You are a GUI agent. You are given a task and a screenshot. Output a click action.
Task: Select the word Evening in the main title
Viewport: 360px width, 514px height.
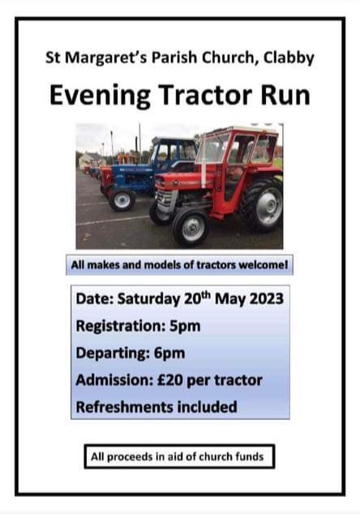coord(100,96)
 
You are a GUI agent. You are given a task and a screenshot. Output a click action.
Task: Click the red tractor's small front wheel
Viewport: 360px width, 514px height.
coord(191,227)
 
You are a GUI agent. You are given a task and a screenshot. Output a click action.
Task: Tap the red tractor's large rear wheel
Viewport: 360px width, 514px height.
coord(262,206)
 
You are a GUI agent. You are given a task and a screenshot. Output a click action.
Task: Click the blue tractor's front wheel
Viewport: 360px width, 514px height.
coord(122,199)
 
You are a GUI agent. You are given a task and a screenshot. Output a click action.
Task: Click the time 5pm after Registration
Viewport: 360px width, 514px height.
coord(185,327)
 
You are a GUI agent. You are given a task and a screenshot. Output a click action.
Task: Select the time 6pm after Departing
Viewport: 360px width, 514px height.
coord(169,353)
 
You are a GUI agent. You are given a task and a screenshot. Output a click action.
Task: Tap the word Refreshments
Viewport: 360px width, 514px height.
coord(124,407)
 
